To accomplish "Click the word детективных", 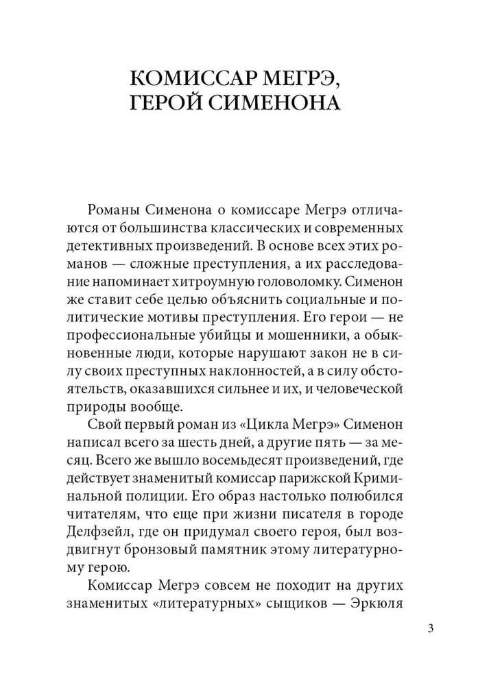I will pos(117,245).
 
